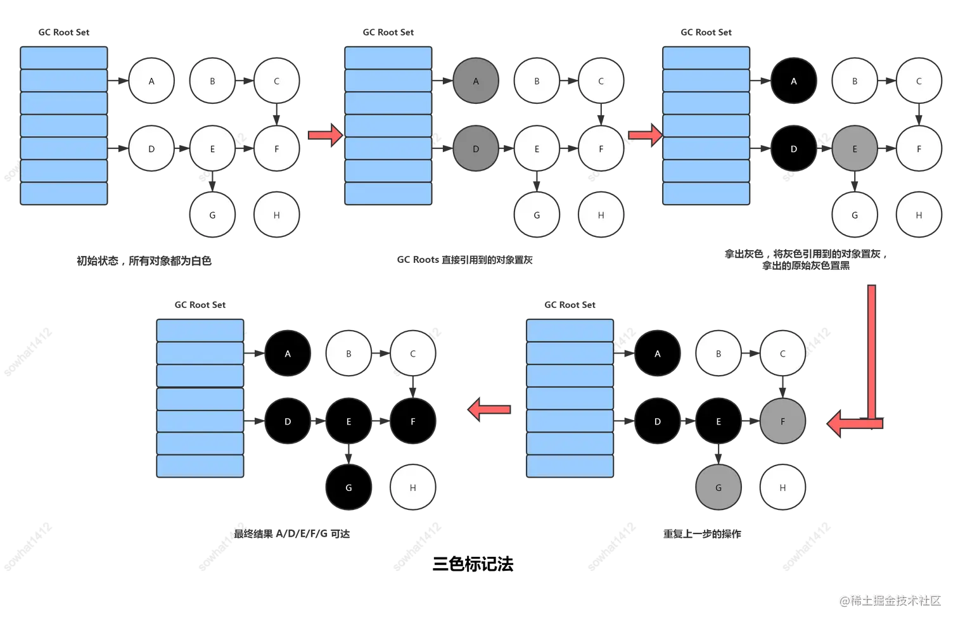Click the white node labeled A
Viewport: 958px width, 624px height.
click(151, 81)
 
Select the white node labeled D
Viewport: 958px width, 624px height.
click(151, 149)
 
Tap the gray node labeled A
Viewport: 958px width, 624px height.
click(476, 81)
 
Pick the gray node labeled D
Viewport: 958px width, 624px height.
click(476, 149)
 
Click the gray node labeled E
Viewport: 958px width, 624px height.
click(855, 149)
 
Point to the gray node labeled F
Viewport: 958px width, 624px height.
click(782, 421)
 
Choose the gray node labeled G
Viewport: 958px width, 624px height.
click(718, 488)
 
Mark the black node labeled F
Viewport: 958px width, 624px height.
click(413, 421)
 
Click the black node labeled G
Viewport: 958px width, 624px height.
click(348, 488)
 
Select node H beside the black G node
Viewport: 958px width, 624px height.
click(413, 488)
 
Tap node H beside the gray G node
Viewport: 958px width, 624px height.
click(782, 488)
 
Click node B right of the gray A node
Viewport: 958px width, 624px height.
click(537, 81)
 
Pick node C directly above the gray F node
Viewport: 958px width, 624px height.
click(782, 353)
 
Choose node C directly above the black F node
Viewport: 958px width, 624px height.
click(413, 353)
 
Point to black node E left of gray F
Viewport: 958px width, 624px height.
click(718, 421)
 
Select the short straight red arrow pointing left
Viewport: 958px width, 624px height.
click(489, 409)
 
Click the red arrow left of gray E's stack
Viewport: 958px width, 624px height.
click(645, 135)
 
